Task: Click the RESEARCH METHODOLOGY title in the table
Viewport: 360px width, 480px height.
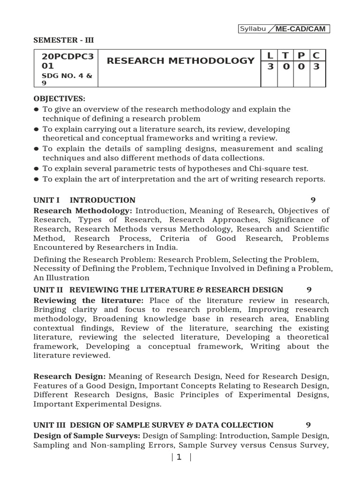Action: coord(180,61)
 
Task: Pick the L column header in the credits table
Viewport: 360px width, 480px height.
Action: coord(270,56)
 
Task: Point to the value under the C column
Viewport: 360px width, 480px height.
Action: coord(316,67)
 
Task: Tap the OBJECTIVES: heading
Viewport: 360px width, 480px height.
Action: coord(59,99)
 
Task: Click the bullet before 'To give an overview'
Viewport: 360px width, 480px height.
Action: coord(37,109)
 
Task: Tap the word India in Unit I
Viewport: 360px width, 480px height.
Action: coord(166,247)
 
